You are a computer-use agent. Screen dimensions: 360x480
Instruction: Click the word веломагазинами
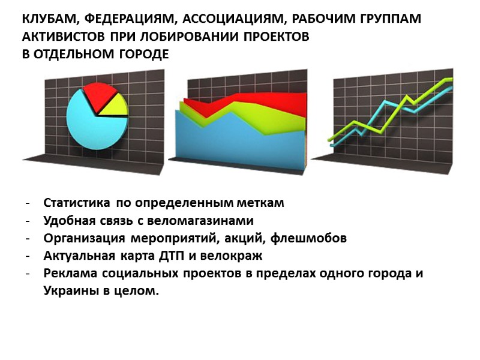tap(199, 220)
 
